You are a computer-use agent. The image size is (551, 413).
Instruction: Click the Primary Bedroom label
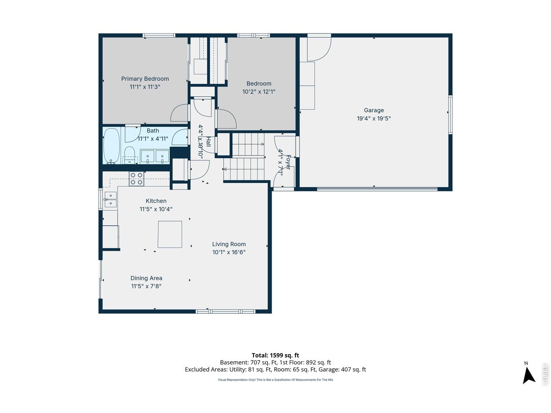pos(145,79)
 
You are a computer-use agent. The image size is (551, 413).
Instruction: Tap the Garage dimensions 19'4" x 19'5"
pos(374,118)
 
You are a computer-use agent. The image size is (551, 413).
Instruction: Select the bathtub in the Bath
pos(111,146)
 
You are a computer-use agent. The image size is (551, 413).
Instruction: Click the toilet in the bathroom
pos(130,154)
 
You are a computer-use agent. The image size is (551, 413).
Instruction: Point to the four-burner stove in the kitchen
pos(136,179)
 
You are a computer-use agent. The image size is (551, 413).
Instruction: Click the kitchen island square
pos(170,234)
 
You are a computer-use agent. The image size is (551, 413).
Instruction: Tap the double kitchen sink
pos(111,200)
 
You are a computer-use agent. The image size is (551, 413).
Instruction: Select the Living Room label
pos(229,244)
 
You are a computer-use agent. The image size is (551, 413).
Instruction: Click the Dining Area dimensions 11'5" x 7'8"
pos(146,286)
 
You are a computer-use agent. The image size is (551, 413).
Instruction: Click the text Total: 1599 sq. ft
pos(275,355)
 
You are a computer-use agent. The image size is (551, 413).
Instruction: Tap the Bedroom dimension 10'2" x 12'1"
pos(259,92)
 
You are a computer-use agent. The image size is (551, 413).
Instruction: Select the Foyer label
pos(288,162)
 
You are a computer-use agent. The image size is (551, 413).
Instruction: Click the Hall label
pos(208,142)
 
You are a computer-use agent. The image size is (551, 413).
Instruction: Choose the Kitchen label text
pos(156,201)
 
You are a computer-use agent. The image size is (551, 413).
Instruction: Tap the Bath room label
pos(153,131)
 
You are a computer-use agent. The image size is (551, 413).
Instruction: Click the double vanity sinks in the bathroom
pos(155,157)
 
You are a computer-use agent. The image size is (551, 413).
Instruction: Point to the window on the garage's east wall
pos(451,114)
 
